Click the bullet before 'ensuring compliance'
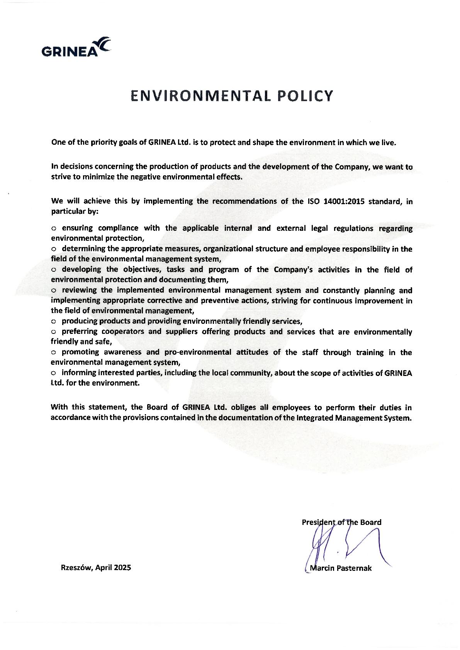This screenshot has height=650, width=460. (x=54, y=229)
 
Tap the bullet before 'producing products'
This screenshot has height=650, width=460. (x=54, y=322)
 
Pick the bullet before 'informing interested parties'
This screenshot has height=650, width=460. (x=54, y=373)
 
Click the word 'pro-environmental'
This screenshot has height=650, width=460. (x=198, y=352)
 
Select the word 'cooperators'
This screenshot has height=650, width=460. (x=122, y=332)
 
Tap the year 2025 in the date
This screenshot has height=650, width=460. (x=122, y=567)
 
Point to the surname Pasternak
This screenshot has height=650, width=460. (x=354, y=568)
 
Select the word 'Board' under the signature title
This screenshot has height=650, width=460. (x=371, y=522)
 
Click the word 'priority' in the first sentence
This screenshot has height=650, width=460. (x=103, y=142)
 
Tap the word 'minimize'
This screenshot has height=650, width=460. (x=96, y=177)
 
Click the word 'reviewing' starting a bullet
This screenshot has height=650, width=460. (x=79, y=290)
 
